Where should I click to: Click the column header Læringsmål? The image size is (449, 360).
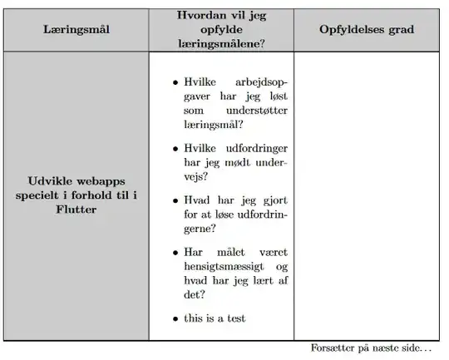(76, 30)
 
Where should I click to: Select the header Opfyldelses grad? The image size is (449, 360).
(367, 30)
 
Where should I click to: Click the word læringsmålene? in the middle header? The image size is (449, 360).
(220, 44)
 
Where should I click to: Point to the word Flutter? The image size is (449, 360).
(76, 210)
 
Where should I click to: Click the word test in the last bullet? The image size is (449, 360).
(234, 318)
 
